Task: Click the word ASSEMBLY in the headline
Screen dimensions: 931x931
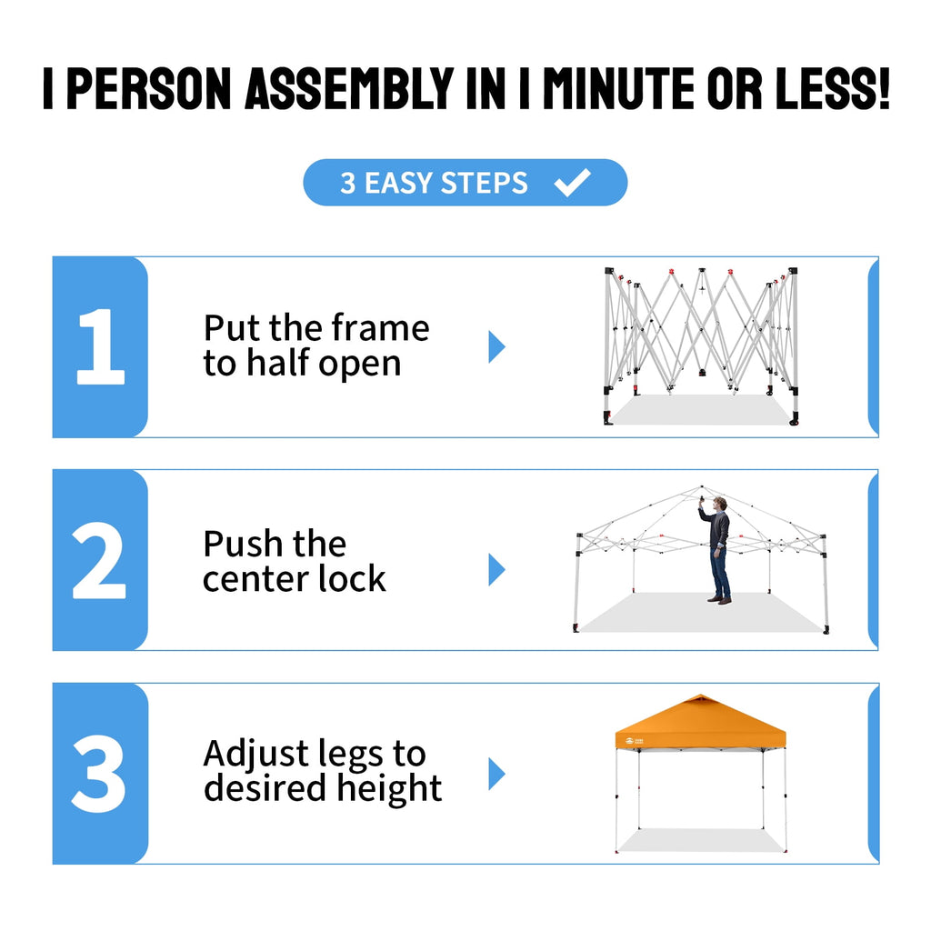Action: tap(350, 88)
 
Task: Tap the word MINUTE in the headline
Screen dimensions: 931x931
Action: tap(618, 88)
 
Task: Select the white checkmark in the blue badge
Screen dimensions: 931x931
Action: tap(573, 182)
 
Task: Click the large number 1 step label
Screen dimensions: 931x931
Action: tap(100, 346)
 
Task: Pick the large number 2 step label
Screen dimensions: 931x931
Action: tap(99, 560)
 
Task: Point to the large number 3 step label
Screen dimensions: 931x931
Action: tap(98, 774)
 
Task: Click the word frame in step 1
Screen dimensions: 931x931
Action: tap(380, 327)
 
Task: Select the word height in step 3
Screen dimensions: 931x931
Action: tap(389, 788)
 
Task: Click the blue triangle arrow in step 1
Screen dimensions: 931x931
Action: tap(496, 346)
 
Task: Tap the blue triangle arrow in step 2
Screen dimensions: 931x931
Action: tap(496, 569)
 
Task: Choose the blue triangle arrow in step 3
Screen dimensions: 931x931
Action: tap(496, 774)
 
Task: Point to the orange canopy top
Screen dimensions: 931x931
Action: tap(701, 722)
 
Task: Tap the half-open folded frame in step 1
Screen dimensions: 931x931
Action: tap(701, 346)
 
